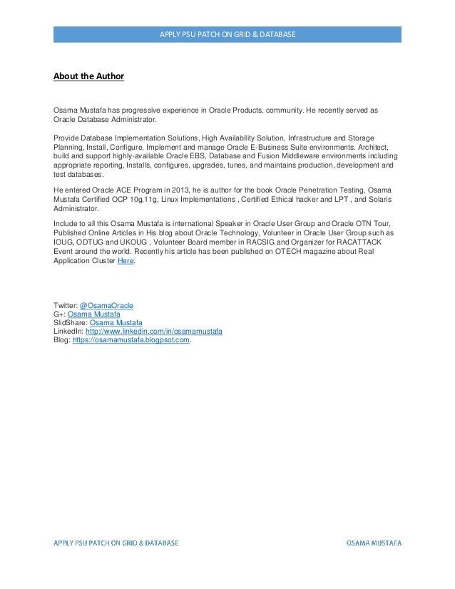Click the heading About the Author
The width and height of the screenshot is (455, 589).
point(88,75)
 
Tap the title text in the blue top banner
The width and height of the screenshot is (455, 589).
point(227,34)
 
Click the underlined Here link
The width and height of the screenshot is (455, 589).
point(125,261)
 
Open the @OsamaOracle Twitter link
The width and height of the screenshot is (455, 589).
point(106,306)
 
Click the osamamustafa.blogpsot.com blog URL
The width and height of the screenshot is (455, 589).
point(132,340)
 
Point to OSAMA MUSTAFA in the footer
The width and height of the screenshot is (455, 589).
point(374,543)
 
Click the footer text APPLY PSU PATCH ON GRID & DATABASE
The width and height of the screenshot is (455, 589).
point(117,543)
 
